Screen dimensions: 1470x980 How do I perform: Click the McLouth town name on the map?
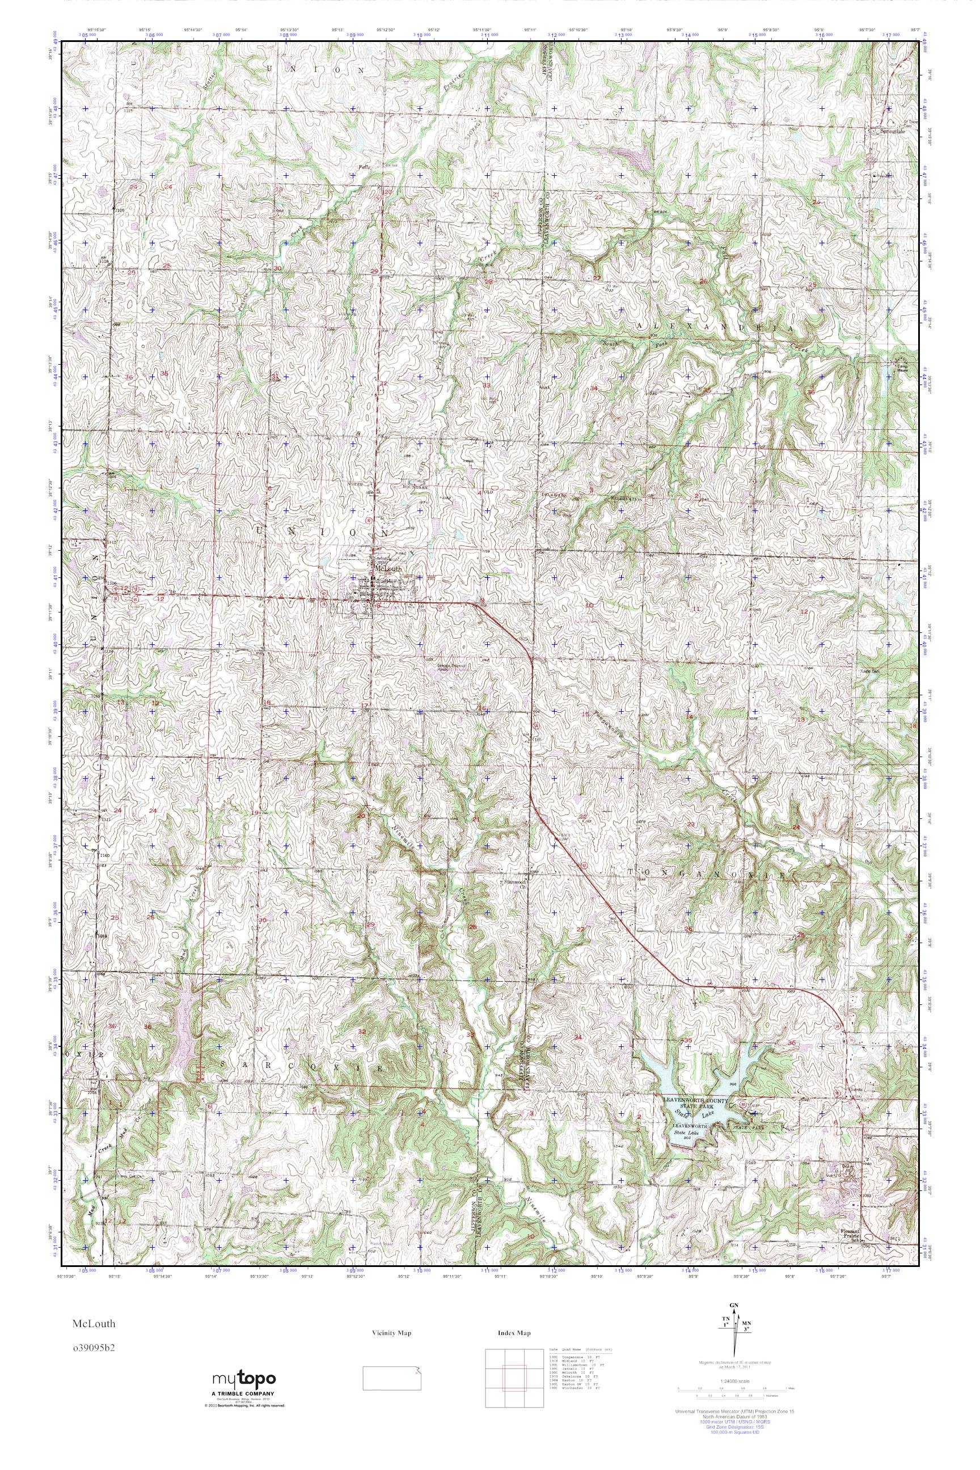(383, 569)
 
